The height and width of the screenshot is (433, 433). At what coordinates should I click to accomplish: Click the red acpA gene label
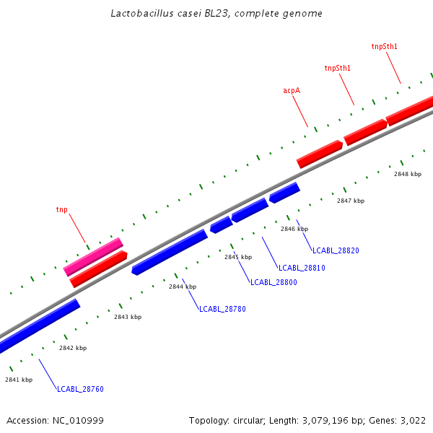click(x=292, y=91)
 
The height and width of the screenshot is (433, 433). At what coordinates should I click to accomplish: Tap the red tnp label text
click(x=62, y=210)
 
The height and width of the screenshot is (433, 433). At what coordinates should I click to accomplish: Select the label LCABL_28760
click(x=80, y=390)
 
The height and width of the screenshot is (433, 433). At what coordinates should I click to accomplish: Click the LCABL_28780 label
click(x=222, y=309)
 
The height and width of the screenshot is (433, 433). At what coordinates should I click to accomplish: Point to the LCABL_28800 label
click(x=274, y=282)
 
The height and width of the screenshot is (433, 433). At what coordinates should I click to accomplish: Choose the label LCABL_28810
click(x=302, y=268)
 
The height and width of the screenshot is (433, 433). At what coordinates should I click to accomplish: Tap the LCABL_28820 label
click(x=336, y=251)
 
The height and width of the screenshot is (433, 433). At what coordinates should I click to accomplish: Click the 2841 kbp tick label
click(x=19, y=380)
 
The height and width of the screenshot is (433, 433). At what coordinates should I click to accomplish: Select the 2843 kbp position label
click(x=128, y=317)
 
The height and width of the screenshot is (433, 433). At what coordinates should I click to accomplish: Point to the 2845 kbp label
click(x=238, y=257)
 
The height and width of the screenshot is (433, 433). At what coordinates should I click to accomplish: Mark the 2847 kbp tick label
click(x=351, y=201)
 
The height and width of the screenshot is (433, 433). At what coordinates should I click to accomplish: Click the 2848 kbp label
click(x=408, y=174)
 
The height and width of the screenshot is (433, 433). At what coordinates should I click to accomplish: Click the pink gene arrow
click(x=93, y=257)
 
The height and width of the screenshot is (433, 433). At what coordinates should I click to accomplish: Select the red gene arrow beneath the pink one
click(x=99, y=269)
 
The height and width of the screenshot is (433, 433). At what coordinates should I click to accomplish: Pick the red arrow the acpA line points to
click(x=319, y=154)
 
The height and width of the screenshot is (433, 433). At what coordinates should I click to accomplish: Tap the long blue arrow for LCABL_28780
click(x=170, y=252)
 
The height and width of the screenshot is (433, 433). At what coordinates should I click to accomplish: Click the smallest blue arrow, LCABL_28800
click(x=221, y=224)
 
